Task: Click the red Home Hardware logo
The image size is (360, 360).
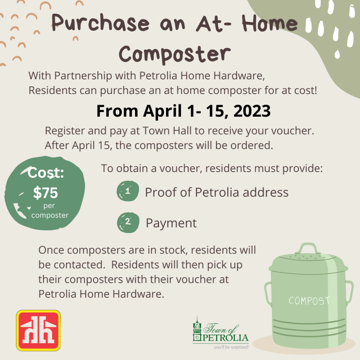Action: tap(38, 330)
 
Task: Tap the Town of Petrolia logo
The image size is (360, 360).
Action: tap(221, 333)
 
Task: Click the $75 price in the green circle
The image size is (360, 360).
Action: tap(45, 193)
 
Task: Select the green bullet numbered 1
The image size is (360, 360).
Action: tap(128, 191)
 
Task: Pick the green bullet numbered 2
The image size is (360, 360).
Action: tap(128, 223)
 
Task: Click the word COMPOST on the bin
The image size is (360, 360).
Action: tap(309, 301)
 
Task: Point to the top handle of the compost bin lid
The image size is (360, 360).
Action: tap(308, 248)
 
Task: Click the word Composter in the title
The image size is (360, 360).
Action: tap(174, 54)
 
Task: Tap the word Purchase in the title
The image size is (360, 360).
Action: tap(101, 23)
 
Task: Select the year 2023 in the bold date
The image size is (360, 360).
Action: tap(252, 111)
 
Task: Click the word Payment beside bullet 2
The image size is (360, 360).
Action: tap(171, 223)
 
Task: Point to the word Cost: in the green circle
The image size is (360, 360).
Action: tap(46, 172)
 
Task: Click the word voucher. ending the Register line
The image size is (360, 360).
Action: tap(293, 131)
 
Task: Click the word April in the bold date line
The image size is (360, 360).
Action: tap(162, 111)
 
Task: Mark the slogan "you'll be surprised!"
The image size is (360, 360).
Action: tap(231, 347)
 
